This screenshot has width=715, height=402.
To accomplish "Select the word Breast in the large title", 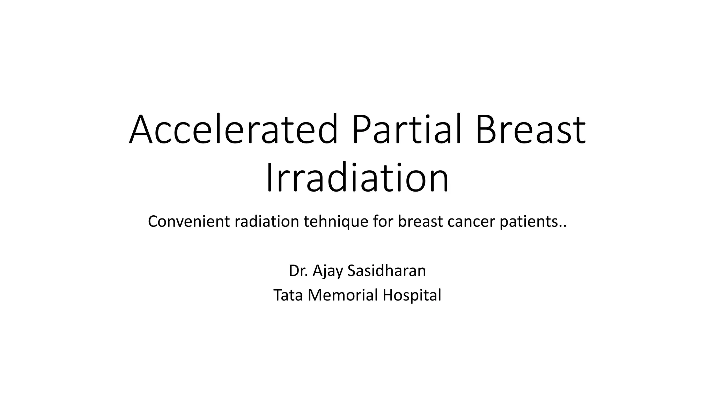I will tap(530, 130).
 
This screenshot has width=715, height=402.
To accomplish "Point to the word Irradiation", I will tap(357, 179).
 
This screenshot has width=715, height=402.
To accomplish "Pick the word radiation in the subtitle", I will tap(266, 222).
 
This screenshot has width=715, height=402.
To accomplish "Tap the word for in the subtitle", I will tap(382, 222).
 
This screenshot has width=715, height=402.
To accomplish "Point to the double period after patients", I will tap(563, 226).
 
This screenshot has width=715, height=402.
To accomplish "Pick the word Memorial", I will tap(343, 295).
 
